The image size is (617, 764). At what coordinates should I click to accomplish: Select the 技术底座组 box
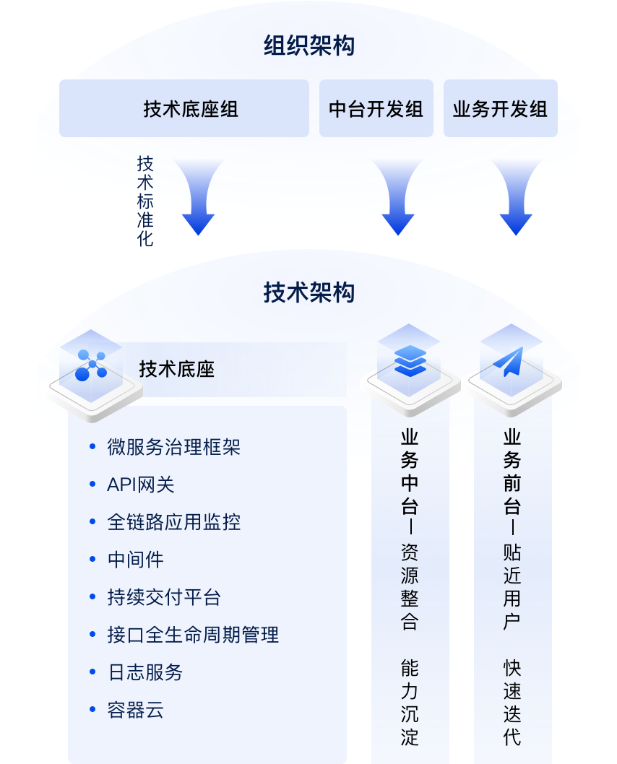pyautogui.click(x=184, y=109)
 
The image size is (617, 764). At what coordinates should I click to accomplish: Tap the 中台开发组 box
pyautogui.click(x=376, y=109)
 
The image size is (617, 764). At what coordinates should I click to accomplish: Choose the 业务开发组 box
pyautogui.click(x=500, y=109)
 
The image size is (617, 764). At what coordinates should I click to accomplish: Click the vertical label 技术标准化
pyautogui.click(x=145, y=201)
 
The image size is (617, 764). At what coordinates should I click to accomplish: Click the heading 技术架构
pyautogui.click(x=308, y=292)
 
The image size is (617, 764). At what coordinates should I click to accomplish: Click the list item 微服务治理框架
pyautogui.click(x=173, y=447)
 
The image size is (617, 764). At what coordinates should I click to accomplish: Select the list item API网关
pyautogui.click(x=141, y=485)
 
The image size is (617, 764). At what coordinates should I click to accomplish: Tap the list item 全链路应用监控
pyautogui.click(x=173, y=522)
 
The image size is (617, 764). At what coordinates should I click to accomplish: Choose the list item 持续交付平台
pyautogui.click(x=164, y=597)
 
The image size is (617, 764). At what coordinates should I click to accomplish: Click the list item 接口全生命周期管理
pyautogui.click(x=193, y=635)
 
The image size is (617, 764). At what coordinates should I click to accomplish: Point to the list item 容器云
pyautogui.click(x=136, y=710)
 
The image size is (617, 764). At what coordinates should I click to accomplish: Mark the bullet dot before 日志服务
pyautogui.click(x=92, y=672)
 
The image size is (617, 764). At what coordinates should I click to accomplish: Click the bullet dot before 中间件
pyautogui.click(x=92, y=560)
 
